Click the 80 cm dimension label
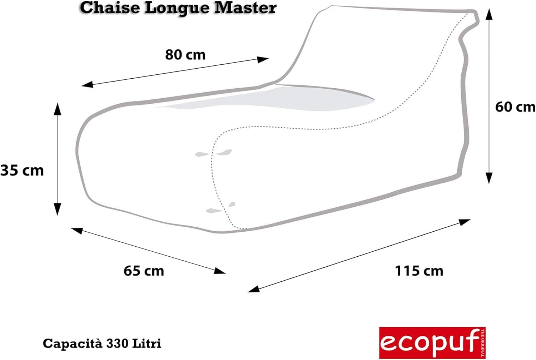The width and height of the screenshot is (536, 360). pos(185,55)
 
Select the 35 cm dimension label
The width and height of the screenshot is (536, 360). pos(22,170)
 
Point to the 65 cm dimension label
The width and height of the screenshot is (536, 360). pos(144,271)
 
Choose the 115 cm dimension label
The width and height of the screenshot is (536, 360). pos(419,271)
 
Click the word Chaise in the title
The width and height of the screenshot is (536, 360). pos(109,8)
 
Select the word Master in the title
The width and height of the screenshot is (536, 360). pos(245,8)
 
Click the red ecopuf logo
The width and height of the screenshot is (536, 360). pos(432,342)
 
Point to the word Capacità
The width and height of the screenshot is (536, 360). pos(72,344)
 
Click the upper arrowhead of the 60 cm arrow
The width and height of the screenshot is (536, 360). pos(489,14)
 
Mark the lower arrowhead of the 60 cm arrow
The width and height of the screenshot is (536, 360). pos(489,178)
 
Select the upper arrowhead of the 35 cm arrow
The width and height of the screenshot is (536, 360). pos(57,108)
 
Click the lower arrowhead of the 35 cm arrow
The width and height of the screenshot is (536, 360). pos(57,209)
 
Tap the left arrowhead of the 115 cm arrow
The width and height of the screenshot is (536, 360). pos(253,289)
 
